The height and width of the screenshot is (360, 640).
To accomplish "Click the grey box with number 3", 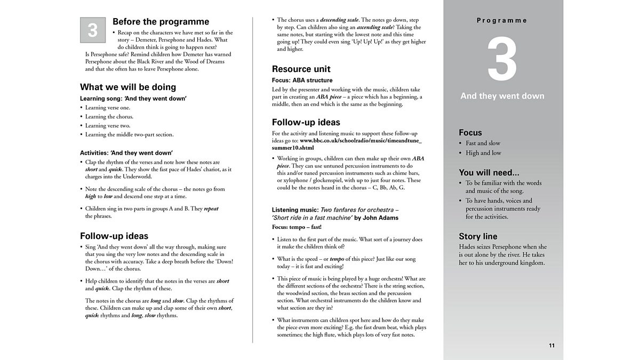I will [x=93, y=30].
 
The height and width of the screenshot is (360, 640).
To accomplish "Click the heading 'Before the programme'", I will [x=161, y=22].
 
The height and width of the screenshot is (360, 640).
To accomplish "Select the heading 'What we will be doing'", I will [x=128, y=87].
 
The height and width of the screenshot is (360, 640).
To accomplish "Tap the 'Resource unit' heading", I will [x=301, y=69].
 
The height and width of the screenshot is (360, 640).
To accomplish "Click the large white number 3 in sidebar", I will [x=502, y=60].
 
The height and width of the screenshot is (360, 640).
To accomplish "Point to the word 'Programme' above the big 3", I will [x=502, y=20].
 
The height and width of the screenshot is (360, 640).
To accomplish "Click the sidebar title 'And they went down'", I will [x=502, y=96].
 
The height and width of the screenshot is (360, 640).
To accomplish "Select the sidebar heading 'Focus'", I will [x=470, y=132].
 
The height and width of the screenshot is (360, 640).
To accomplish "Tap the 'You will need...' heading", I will [x=489, y=172].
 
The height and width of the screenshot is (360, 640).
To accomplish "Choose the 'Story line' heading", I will [x=478, y=236].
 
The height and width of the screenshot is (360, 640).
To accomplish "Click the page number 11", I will [x=552, y=346].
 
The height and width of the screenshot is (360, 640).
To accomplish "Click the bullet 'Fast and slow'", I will [x=483, y=143].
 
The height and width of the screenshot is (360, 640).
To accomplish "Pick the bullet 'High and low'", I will [x=483, y=153].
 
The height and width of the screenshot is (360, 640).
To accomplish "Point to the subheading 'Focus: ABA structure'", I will [x=302, y=81].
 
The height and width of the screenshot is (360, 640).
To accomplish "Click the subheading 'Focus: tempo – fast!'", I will [x=297, y=227].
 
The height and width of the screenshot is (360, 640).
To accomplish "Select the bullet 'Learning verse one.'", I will [x=107, y=108].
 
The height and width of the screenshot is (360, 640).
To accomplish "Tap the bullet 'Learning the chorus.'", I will [x=109, y=117].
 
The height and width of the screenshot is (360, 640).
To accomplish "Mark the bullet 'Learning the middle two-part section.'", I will [x=129, y=134].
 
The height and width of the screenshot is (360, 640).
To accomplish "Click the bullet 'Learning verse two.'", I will [x=107, y=125].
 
